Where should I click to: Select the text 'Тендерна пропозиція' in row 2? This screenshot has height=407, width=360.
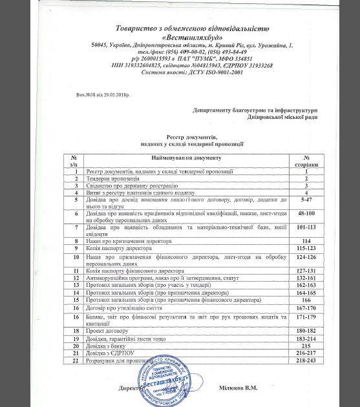click(114, 177)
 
